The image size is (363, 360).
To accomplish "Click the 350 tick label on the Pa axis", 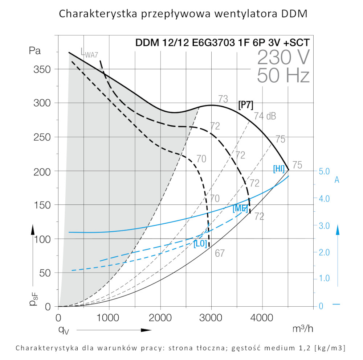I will pyautogui.click(x=42, y=69).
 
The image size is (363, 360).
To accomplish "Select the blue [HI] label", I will pyautogui.click(x=279, y=169).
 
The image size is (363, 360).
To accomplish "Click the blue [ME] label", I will pyautogui.click(x=240, y=208).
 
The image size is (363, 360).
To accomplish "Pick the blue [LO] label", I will pyautogui.click(x=200, y=244).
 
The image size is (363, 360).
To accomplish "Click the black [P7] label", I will pyautogui.click(x=246, y=105).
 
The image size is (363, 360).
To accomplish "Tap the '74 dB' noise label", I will pyautogui.click(x=265, y=116).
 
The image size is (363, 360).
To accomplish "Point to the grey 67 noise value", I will pyautogui.click(x=220, y=253).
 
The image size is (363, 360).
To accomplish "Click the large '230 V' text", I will pyautogui.click(x=284, y=57).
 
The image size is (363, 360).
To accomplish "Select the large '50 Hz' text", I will pyautogui.click(x=283, y=76).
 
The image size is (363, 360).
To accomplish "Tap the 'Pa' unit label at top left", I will pyautogui.click(x=35, y=51).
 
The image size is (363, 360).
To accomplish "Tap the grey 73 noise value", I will pyautogui.click(x=223, y=99).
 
